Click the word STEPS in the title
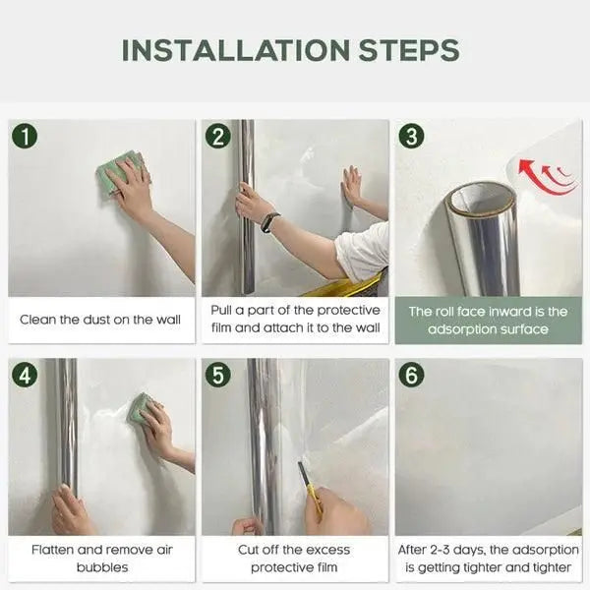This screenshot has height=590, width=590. point(407,50)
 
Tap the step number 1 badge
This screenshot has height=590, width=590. point(25,137)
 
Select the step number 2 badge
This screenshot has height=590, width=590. point(218,137)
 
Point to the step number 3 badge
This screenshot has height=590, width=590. point(411,137)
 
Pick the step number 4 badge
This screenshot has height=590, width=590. point(25,375)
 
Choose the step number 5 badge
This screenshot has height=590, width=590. point(218,375)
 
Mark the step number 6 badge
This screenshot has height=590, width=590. point(411,375)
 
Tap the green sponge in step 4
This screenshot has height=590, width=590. point(140,408)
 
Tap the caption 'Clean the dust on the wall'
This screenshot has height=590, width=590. point(100,320)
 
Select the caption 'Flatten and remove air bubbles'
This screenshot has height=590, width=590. point(100,558)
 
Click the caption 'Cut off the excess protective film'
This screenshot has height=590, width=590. point(294,558)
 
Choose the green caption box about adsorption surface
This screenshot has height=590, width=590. point(488,320)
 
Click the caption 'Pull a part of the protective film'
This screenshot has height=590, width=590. point(294,319)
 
